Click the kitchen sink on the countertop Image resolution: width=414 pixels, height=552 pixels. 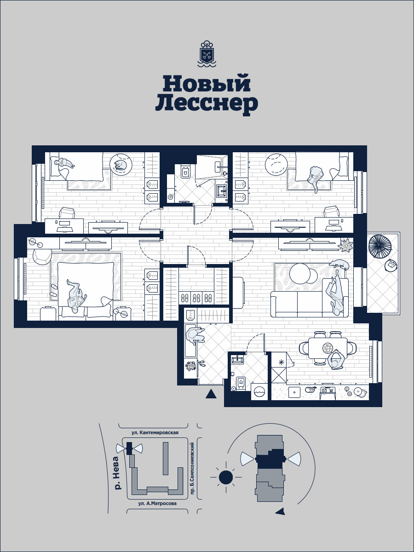click(x=294, y=392)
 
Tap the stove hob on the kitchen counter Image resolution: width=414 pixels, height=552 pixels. click(x=328, y=390)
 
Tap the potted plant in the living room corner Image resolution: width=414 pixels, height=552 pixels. click(x=345, y=245)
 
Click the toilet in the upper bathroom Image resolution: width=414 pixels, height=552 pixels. click(x=185, y=172)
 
